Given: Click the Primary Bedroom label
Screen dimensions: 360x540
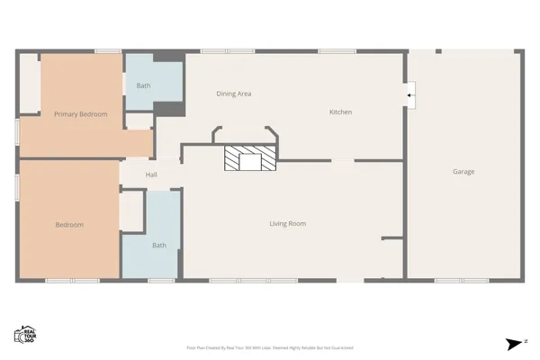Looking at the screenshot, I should coord(80,114).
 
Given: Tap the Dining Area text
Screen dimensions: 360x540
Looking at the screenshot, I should coord(233,94).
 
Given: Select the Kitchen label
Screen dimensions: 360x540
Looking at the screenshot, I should coord(340,112).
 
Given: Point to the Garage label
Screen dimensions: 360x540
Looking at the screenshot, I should coord(463,171).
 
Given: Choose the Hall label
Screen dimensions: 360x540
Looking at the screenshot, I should coord(151,175).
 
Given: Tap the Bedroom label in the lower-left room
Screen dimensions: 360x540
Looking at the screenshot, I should coord(69,225).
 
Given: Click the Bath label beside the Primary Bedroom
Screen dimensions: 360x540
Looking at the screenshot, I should coord(143,85).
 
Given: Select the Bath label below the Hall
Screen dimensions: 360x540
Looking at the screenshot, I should coord(158,245).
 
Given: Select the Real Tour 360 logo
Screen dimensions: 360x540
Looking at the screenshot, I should coord(24,334).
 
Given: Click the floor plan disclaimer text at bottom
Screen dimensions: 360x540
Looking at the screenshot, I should coord(269,346).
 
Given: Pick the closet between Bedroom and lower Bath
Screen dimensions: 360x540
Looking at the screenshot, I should coord(132,211).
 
